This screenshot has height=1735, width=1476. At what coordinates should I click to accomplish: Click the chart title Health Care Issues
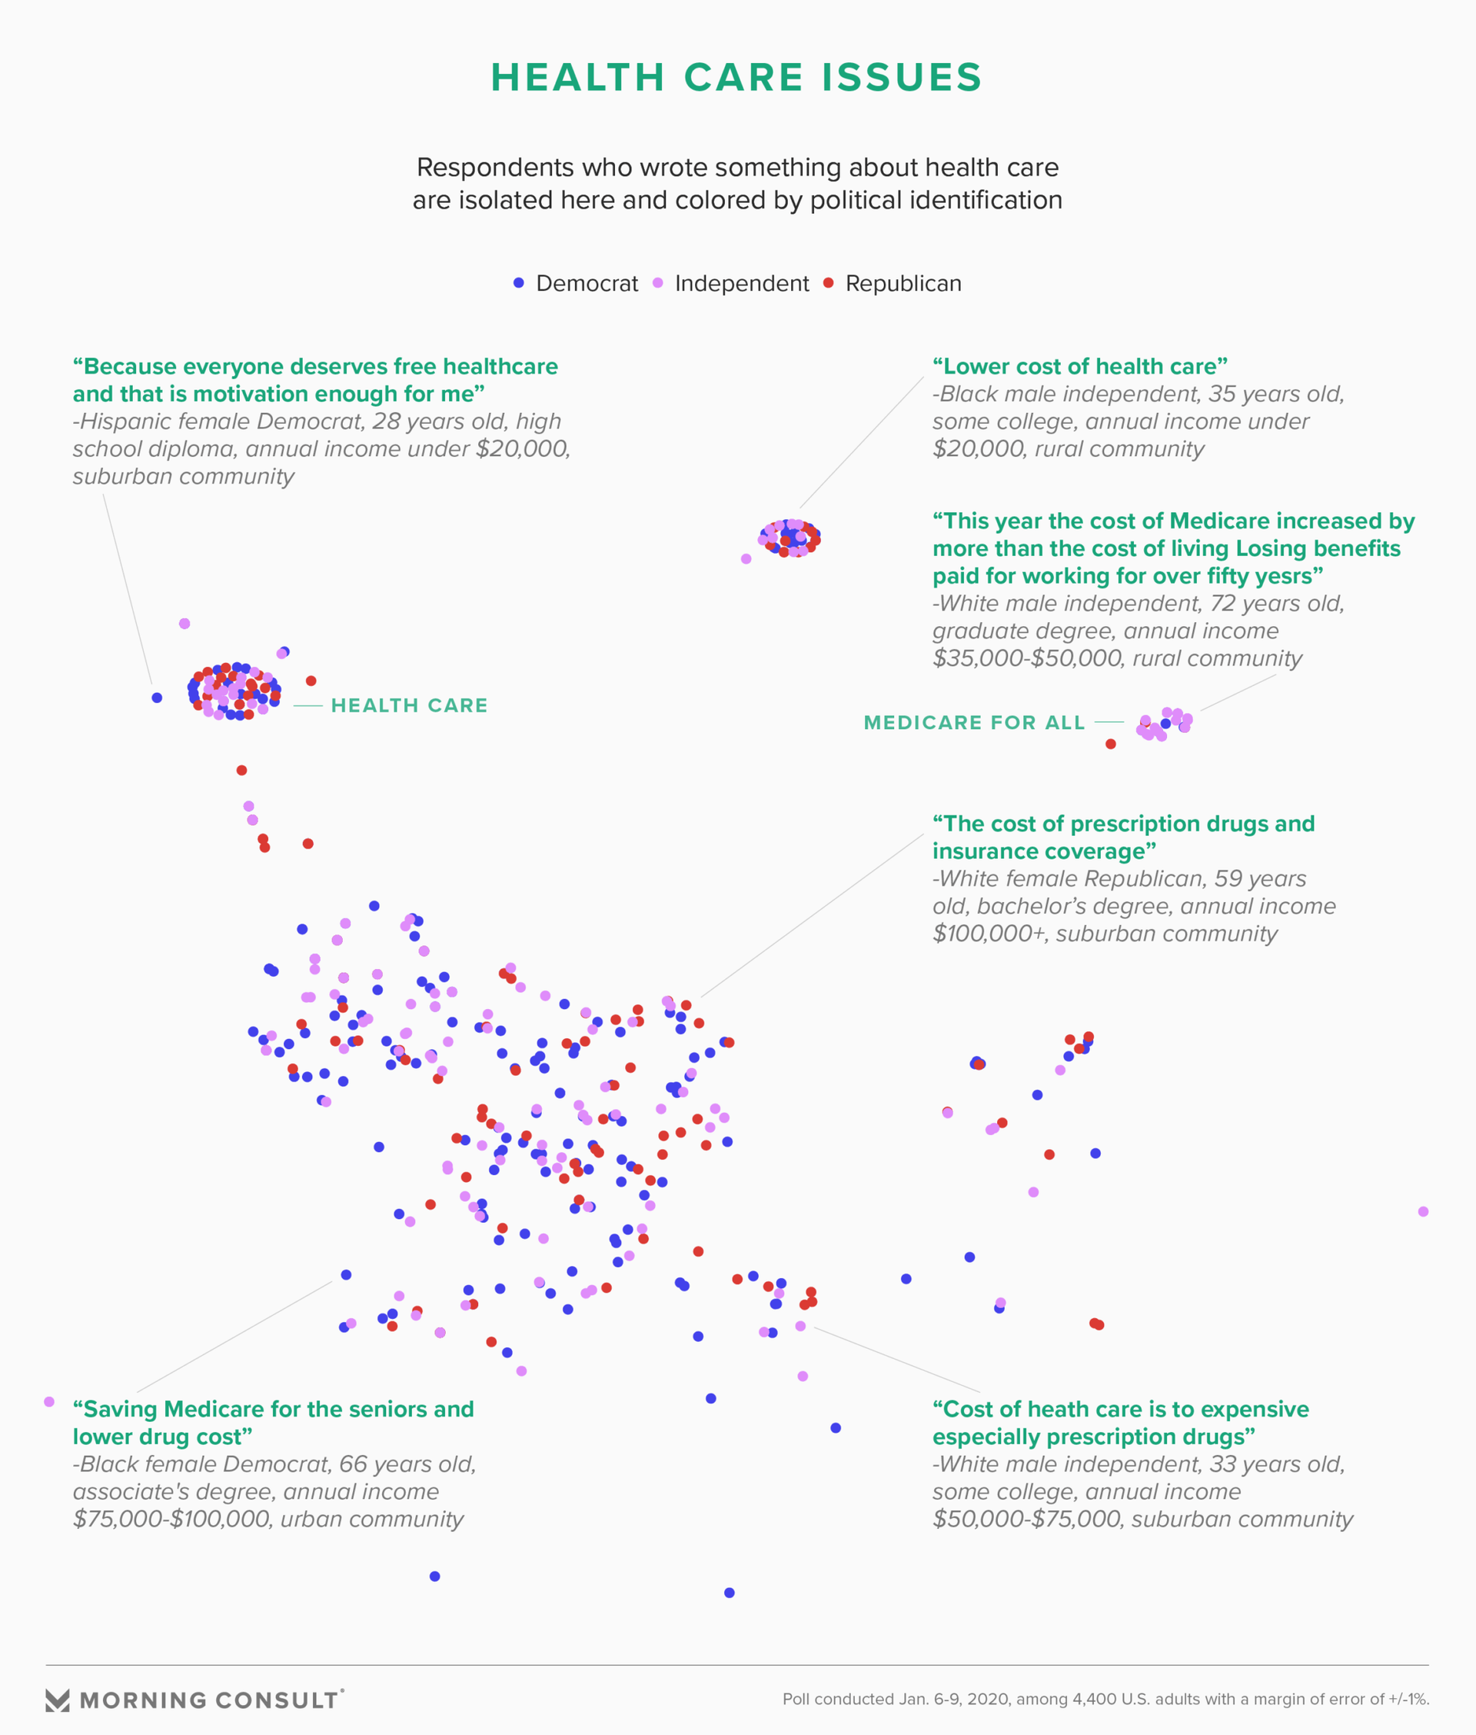[x=736, y=77]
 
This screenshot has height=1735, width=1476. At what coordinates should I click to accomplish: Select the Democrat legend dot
[x=519, y=283]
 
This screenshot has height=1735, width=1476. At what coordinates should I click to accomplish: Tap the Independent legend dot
[x=658, y=283]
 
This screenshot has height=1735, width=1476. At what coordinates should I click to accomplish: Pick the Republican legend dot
[x=829, y=283]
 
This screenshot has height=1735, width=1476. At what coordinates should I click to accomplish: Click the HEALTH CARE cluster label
[x=409, y=705]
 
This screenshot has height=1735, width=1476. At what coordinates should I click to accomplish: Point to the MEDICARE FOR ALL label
[x=974, y=722]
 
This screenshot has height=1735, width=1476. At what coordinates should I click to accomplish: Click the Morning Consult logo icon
[x=58, y=1700]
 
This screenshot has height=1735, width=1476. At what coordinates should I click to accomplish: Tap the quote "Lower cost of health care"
[x=1079, y=367]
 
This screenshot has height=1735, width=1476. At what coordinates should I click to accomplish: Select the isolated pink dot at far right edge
[x=1423, y=1211]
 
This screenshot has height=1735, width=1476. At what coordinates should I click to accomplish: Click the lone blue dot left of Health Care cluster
[x=157, y=698]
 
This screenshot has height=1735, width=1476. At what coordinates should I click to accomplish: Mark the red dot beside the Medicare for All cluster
[x=1110, y=744]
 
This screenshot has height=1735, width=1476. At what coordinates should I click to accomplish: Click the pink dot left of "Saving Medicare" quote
[x=49, y=1401]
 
